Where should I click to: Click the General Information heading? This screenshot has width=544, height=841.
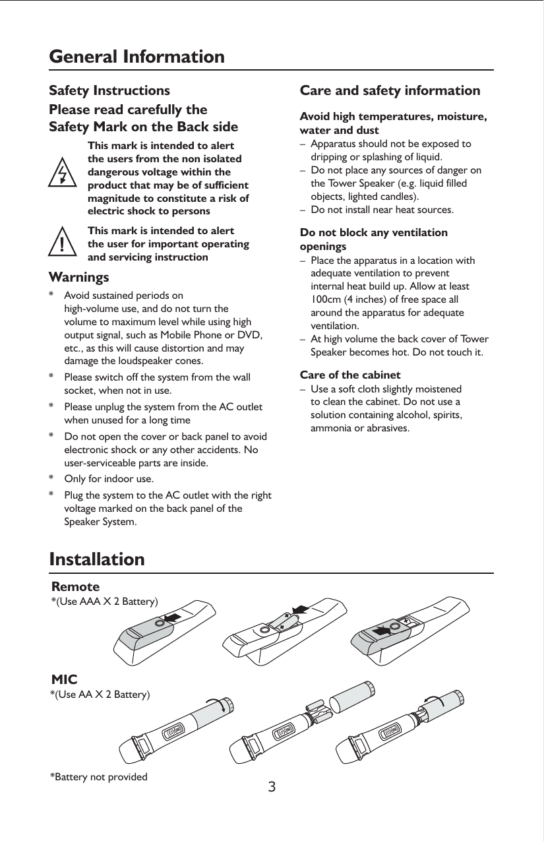pos(137,57)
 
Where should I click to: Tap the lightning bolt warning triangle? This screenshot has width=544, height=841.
pos(62,173)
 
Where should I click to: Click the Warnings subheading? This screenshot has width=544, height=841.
pos(79,276)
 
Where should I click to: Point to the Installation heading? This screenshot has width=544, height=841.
pos(97,559)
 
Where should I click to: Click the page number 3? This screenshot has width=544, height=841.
pos(272,787)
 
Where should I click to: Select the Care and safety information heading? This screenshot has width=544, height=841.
pos(390,90)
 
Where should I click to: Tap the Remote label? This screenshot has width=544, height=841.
pos(76,586)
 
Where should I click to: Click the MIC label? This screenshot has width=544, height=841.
pos(65,679)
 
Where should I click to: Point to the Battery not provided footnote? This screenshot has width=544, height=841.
pos(99,776)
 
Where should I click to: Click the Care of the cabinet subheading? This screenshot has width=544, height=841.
pos(350,375)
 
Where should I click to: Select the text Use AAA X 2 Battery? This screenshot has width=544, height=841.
pos(105,602)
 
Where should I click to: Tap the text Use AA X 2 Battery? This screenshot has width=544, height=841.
pos(100,695)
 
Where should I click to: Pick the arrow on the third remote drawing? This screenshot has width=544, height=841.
pos(382,631)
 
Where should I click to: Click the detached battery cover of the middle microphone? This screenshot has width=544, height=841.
pos(352,702)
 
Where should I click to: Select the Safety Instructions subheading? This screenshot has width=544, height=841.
pos(109,90)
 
